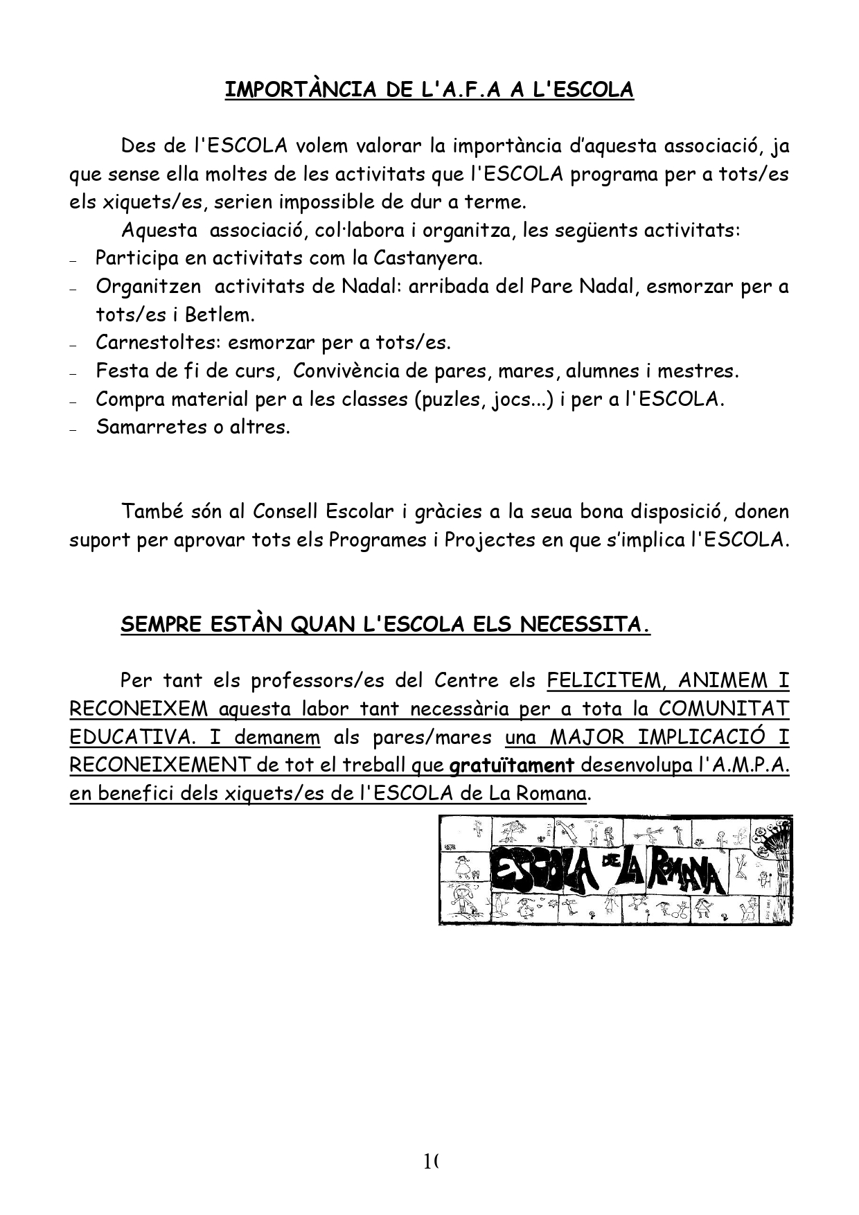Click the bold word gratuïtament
tap(512, 765)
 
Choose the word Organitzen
tap(148, 286)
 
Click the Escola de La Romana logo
tap(614, 870)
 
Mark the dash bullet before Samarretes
tap(73, 429)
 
